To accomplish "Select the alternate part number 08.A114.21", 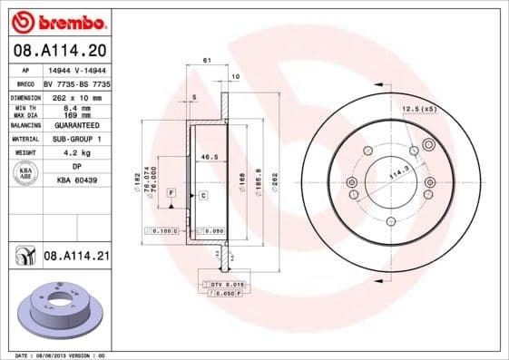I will coord(76,258).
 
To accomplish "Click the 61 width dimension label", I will coord(207,60).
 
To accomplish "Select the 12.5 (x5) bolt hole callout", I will coord(419,109).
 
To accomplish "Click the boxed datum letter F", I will coord(171,193).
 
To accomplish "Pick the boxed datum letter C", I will coord(203,195).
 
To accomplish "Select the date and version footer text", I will coord(55,355).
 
